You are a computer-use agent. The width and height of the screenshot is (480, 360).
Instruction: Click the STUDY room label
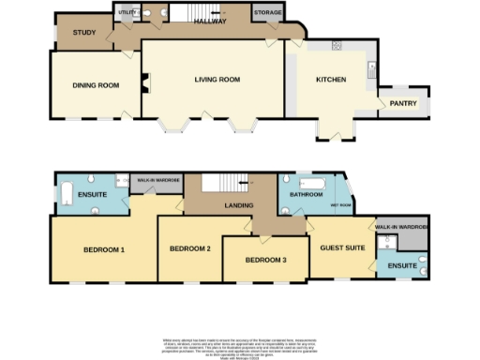[84, 33]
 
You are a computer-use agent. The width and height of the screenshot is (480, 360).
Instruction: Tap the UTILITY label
[127, 13]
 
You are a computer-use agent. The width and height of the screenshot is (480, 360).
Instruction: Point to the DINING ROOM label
[97, 85]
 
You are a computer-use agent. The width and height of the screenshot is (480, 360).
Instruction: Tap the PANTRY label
[404, 104]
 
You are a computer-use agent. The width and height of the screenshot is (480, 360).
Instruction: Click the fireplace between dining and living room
[143, 84]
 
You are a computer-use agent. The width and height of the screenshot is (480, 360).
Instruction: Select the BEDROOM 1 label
[104, 249]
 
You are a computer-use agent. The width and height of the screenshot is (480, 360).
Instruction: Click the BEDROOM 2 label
[189, 248]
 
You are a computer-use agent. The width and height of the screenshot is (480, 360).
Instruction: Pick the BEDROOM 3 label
[266, 260]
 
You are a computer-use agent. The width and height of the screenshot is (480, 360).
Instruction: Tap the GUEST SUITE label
[339, 247]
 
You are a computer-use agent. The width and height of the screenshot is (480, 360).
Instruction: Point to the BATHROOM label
[307, 195]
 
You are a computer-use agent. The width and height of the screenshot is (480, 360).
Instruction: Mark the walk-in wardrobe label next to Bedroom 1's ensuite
[158, 179]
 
